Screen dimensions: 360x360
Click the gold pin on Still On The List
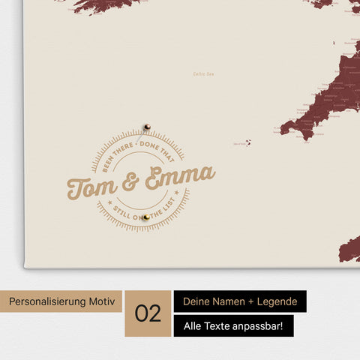pyautogui.click(x=146, y=217)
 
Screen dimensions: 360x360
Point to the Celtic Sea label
pyautogui.click(x=203, y=73)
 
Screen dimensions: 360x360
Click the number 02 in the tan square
pyautogui.click(x=148, y=313)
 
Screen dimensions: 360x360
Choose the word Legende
pyautogui.click(x=274, y=301)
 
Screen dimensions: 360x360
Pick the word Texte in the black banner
pyautogui.click(x=214, y=325)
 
